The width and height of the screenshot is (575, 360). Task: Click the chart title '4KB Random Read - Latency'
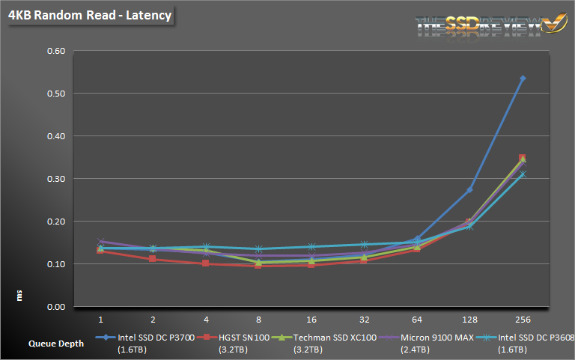pyautogui.click(x=90, y=14)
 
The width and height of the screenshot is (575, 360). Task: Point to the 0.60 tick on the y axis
pyautogui.click(x=56, y=51)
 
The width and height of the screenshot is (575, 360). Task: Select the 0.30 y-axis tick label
pyautogui.click(x=56, y=179)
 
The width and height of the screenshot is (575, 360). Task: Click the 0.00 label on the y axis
pyautogui.click(x=56, y=307)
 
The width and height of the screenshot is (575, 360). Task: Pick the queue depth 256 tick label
pyautogui.click(x=523, y=320)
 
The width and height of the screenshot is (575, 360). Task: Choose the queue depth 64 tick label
pyautogui.click(x=418, y=320)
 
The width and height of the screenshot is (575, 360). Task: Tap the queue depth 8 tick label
pyautogui.click(x=259, y=320)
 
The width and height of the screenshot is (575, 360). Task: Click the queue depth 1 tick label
pyautogui.click(x=100, y=320)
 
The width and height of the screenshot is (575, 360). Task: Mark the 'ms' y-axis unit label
pyautogui.click(x=21, y=296)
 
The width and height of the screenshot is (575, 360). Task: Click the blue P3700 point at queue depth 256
pyautogui.click(x=523, y=78)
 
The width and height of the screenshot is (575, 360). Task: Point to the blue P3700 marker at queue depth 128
pyautogui.click(x=470, y=190)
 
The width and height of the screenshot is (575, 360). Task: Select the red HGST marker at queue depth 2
pyautogui.click(x=153, y=259)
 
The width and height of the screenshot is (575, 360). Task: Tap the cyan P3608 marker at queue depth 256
pyautogui.click(x=523, y=174)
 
